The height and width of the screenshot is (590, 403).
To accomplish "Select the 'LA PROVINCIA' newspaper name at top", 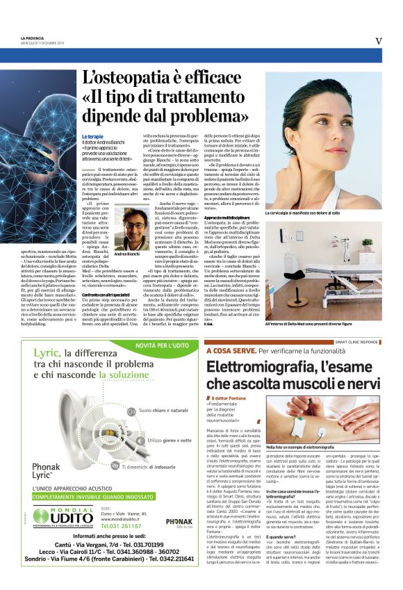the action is (x=32, y=38).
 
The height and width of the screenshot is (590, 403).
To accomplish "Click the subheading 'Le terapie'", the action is (x=92, y=136).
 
